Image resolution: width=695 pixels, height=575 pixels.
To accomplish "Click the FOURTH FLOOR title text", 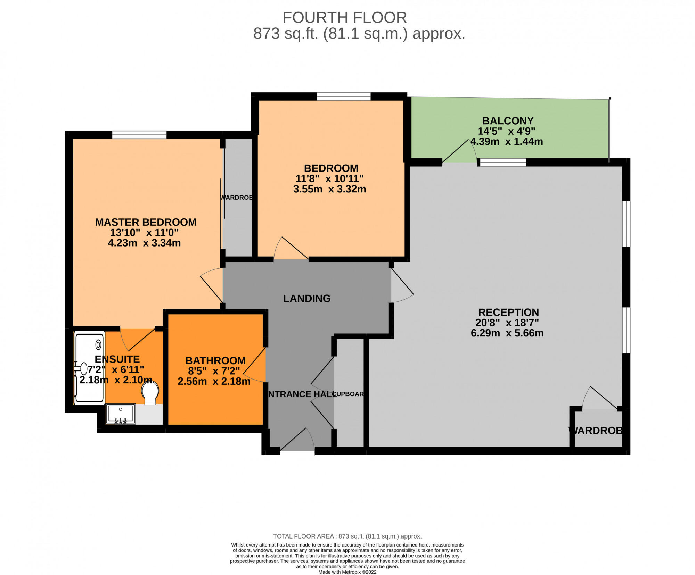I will click(x=344, y=17).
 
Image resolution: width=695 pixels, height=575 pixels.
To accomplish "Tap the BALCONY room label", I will click(x=508, y=121).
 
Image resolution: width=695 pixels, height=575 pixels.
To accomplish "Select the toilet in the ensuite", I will click(x=150, y=393).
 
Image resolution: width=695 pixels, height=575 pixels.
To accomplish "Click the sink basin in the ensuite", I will click(x=121, y=414).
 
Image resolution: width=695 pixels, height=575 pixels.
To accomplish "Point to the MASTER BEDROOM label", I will click(x=146, y=222).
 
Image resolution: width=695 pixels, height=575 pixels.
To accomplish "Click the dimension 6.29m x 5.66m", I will click(x=507, y=333).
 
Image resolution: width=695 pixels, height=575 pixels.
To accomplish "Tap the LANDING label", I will click(x=307, y=299).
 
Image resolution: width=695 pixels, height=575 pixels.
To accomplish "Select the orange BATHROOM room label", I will click(x=215, y=360).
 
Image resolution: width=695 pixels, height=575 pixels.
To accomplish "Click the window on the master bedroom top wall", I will click(x=139, y=135).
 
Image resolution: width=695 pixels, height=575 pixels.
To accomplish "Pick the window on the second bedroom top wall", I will click(x=344, y=96).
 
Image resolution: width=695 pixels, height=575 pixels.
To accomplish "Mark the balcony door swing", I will click(x=459, y=151).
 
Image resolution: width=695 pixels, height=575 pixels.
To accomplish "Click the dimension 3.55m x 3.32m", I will click(x=329, y=189).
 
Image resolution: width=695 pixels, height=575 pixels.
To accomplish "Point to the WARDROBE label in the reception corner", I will click(x=596, y=431).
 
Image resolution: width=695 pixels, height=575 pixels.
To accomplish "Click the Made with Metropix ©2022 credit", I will click(x=347, y=572).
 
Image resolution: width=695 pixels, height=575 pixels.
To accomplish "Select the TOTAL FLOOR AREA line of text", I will click(x=347, y=536).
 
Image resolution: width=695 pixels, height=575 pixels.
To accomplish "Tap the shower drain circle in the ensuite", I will click(x=98, y=344).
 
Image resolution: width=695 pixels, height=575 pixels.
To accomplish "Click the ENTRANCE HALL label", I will click(x=301, y=394).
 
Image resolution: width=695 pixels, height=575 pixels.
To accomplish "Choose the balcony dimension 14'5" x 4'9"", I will click(x=506, y=131).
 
